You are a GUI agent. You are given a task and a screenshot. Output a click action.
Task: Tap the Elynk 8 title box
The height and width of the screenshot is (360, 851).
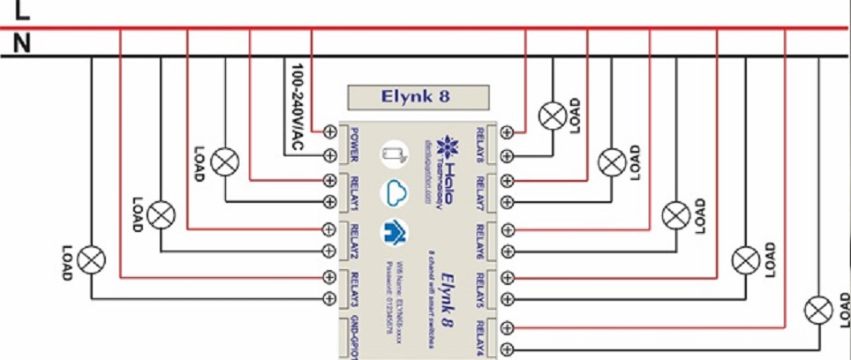[418, 96]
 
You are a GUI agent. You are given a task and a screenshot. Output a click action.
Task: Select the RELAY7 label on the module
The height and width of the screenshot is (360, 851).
[481, 193]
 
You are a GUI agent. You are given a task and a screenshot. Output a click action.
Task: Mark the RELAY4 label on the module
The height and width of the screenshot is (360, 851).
[481, 336]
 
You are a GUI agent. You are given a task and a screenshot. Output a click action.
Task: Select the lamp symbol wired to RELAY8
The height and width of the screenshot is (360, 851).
[554, 115]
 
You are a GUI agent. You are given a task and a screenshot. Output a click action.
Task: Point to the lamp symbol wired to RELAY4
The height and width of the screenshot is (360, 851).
[818, 310]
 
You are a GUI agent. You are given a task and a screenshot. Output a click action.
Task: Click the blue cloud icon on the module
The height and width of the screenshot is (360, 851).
[394, 194]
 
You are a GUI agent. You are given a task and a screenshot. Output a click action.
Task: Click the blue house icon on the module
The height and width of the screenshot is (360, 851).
[394, 233]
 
